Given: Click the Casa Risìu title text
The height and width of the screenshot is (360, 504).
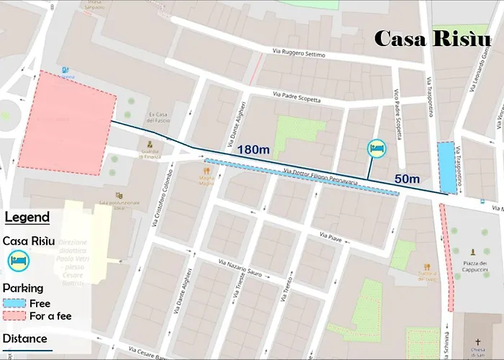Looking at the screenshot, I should pyautogui.click(x=432, y=39).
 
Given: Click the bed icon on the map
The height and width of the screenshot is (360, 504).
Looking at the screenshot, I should pyautogui.click(x=377, y=149).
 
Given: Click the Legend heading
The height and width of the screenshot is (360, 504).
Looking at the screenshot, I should pyautogui.click(x=27, y=217).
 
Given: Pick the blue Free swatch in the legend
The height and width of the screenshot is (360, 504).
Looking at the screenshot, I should pyautogui.click(x=14, y=303).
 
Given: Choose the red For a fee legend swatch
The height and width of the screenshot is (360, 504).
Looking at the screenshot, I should pyautogui.click(x=14, y=316).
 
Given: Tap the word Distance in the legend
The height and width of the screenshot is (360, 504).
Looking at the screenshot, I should pyautogui.click(x=24, y=338).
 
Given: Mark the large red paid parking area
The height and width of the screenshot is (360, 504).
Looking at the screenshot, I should pyautogui.click(x=66, y=122).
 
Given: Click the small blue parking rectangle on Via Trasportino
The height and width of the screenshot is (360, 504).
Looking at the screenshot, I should pyautogui.click(x=447, y=167).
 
